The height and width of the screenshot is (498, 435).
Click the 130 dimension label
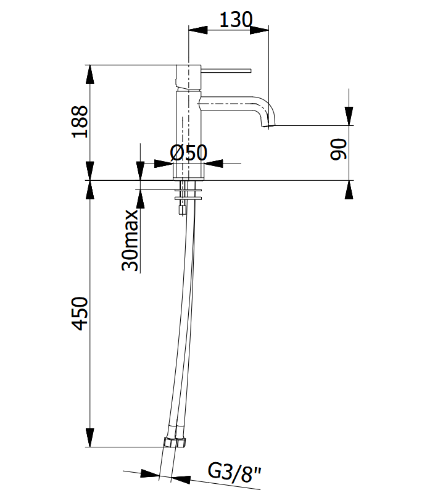click(236, 20)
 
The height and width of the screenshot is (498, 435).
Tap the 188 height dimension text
click(80, 122)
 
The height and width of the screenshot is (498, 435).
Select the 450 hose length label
click(80, 313)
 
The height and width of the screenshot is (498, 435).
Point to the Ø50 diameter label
click(189, 153)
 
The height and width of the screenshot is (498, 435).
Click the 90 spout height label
click(339, 149)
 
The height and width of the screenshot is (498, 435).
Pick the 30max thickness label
click(130, 240)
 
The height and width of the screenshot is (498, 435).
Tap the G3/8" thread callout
click(234, 473)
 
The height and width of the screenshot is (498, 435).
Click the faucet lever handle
click(226, 70)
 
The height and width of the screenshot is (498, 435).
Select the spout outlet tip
click(268, 125)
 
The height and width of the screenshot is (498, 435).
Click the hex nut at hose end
click(175, 442)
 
